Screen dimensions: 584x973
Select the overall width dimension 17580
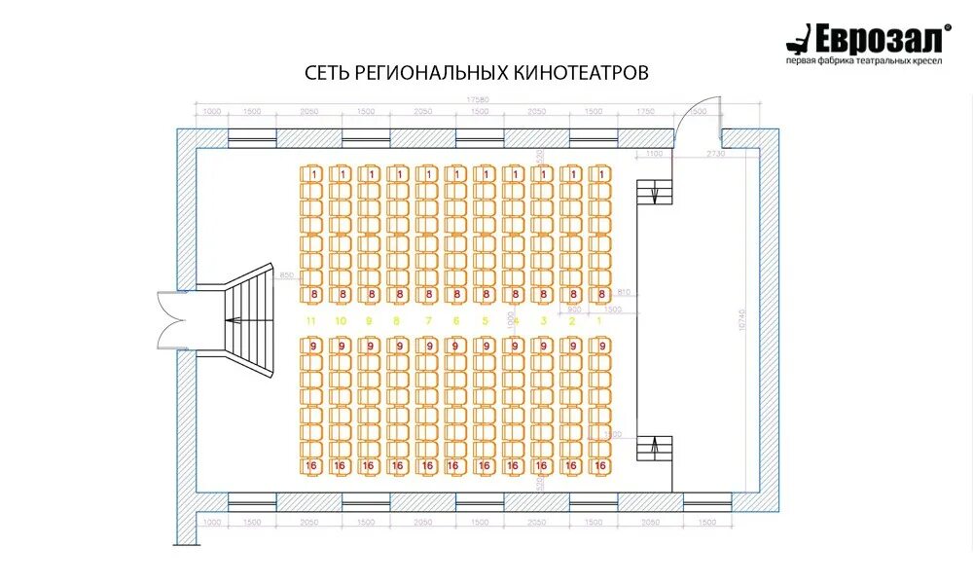coord(477,98)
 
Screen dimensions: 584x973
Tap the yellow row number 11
coord(311,320)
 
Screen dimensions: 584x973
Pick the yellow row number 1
coord(600,320)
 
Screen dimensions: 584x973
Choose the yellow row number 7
coord(427,320)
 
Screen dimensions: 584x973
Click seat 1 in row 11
coord(313,173)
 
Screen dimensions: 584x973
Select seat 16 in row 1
coord(600,467)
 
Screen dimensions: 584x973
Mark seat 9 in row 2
coord(572,346)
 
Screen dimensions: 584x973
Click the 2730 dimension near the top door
coord(716,154)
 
